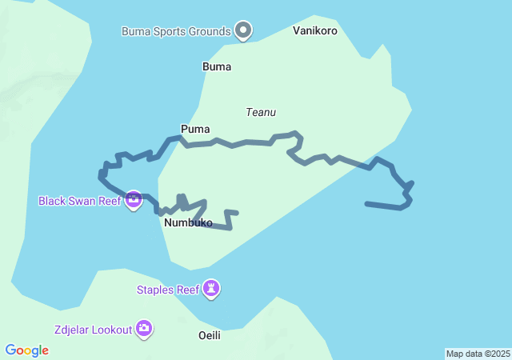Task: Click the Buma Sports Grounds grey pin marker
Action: click(244, 31)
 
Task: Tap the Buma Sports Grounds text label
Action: click(176, 32)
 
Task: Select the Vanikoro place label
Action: click(315, 31)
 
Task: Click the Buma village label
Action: click(217, 66)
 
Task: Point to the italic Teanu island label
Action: click(261, 113)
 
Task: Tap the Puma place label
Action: click(195, 128)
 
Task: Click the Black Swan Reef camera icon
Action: click(134, 200)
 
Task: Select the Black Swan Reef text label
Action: click(79, 201)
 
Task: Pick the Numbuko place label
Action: click(188, 223)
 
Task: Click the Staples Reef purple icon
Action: click(211, 289)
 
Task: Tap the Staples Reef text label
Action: click(166, 290)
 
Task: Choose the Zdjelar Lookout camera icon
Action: click(144, 327)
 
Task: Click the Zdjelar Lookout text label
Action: click(92, 329)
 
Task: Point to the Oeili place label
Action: click(209, 335)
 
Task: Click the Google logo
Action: click(27, 350)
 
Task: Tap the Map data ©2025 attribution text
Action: click(478, 354)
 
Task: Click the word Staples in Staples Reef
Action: click(155, 290)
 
